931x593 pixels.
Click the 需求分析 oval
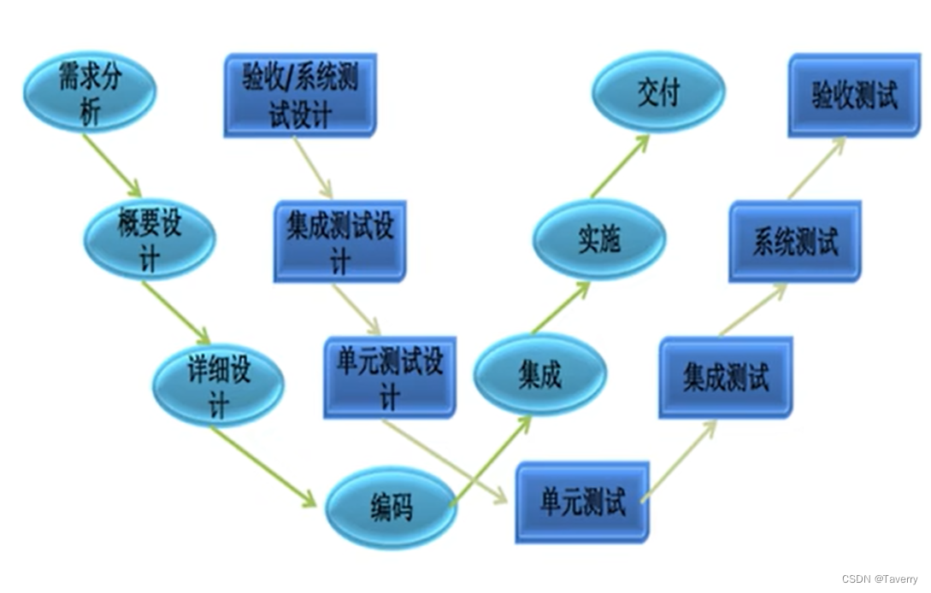[x=89, y=92]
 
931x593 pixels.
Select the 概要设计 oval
[x=150, y=238]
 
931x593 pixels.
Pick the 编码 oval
[x=392, y=508]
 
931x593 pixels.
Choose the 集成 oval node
[x=540, y=375]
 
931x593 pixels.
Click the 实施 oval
[x=598, y=240]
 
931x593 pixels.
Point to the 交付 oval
[x=658, y=92]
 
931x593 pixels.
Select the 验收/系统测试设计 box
[x=300, y=96]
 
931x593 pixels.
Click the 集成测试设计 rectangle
[x=340, y=242]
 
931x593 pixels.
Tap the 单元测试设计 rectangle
[x=390, y=378]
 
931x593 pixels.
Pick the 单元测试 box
[x=582, y=502]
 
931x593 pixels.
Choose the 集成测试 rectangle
[x=726, y=378]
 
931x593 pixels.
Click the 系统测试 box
[x=795, y=242]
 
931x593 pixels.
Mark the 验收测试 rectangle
[x=854, y=96]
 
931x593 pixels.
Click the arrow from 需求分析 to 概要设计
[x=112, y=165]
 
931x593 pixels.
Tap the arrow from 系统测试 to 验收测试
[x=816, y=168]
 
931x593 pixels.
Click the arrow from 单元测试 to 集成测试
[x=679, y=460]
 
